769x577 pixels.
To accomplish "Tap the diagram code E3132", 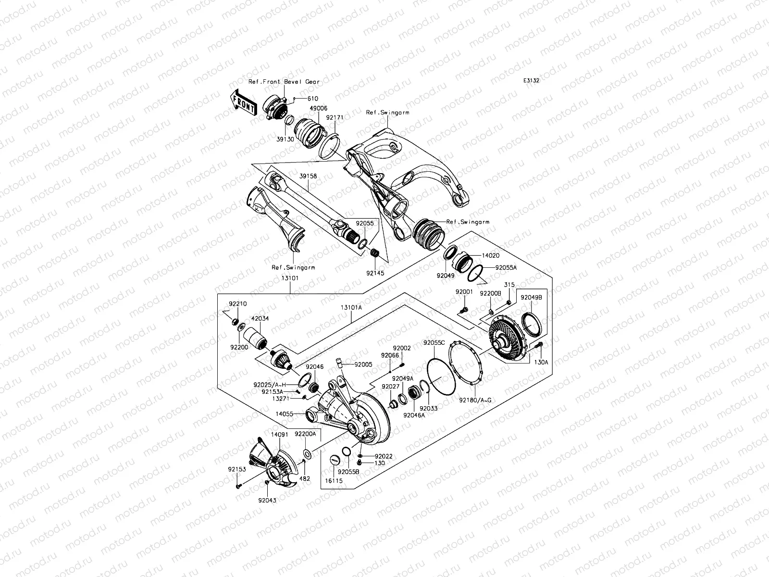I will [531, 81].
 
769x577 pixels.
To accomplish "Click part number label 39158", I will [309, 176].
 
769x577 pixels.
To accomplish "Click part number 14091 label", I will [279, 434].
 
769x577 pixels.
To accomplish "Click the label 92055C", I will [434, 343].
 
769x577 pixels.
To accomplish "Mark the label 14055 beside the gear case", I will [285, 413].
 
